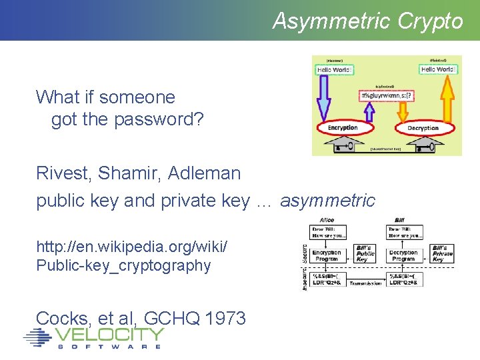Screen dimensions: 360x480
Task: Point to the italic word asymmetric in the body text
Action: click(x=327, y=201)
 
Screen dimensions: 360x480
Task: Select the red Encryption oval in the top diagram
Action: click(x=343, y=127)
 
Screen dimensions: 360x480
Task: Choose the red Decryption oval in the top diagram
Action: click(x=423, y=127)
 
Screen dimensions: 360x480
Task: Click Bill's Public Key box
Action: click(x=366, y=253)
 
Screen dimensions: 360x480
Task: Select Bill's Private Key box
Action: click(x=442, y=253)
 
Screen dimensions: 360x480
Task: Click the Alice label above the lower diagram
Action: click(x=327, y=219)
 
